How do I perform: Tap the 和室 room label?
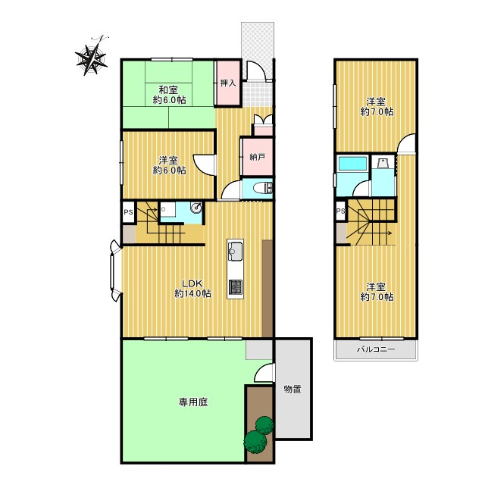tap(168, 90)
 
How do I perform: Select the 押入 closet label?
tap(228, 83)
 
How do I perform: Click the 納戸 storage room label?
tap(258, 157)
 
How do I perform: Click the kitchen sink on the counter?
tap(235, 251)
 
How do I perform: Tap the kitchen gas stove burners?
tap(235, 287)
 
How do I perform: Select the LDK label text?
tap(192, 283)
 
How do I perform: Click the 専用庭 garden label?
tap(193, 402)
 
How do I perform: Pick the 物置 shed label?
tap(293, 389)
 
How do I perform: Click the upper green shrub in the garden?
tap(264, 424)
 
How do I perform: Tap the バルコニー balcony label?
tap(376, 349)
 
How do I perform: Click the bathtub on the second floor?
tap(352, 164)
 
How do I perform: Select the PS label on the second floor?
tap(340, 211)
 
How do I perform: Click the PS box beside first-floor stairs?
tap(128, 212)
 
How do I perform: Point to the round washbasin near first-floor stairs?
tap(196, 208)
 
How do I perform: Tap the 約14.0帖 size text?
tap(192, 293)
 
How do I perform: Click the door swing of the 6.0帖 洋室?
tap(203, 165)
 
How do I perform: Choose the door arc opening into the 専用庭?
tap(264, 373)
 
